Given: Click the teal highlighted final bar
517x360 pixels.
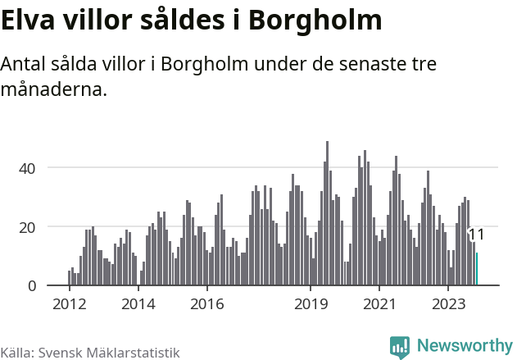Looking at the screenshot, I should [477, 269].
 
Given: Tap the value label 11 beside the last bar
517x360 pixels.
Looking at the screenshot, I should [476, 235].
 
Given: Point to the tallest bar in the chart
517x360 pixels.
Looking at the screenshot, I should [327, 213].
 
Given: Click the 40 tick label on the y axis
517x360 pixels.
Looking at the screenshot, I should [29, 168].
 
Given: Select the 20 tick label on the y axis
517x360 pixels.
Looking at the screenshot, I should [29, 226].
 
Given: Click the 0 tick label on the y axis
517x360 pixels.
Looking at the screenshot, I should [33, 285].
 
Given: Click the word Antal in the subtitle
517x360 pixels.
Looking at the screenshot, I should [25, 65].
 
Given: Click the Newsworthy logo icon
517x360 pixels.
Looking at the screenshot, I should [399, 346].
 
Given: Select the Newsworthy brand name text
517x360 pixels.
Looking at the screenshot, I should [464, 346].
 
